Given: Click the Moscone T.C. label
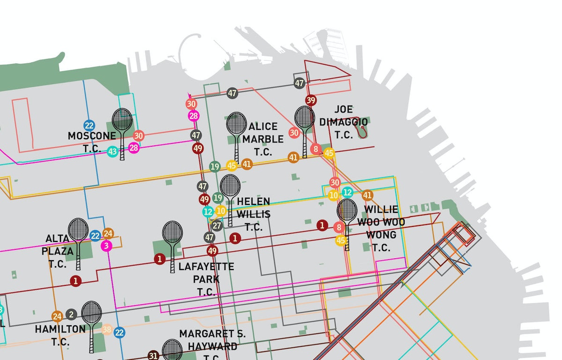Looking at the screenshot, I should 91,142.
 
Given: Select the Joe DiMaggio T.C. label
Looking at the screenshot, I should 343,122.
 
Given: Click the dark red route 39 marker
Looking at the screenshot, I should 311,100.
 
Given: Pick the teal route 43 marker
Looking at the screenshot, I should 112,151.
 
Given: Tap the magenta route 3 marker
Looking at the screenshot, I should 106,246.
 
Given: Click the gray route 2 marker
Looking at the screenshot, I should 71,315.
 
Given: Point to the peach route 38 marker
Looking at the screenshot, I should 107,330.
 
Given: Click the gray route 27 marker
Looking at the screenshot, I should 217,226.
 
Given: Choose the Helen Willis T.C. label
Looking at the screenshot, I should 253,214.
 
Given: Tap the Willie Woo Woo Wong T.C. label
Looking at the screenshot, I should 381,228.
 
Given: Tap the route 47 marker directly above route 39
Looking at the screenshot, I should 300,83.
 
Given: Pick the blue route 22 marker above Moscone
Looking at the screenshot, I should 89,126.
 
